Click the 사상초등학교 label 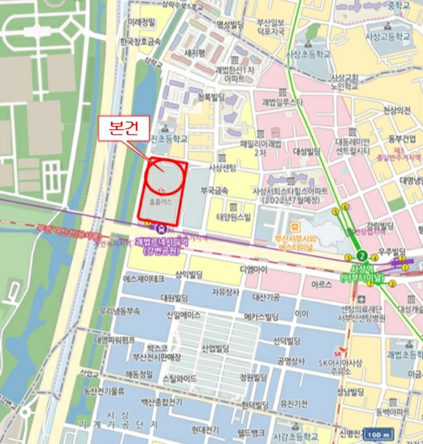pos(309,55)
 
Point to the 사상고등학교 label pos(387,37)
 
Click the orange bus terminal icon pos(295,226)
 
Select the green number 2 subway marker pos(362,256)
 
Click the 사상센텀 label pos(222,168)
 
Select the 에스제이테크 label pos(143,278)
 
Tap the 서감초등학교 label pos(296,436)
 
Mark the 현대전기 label pos(205,429)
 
